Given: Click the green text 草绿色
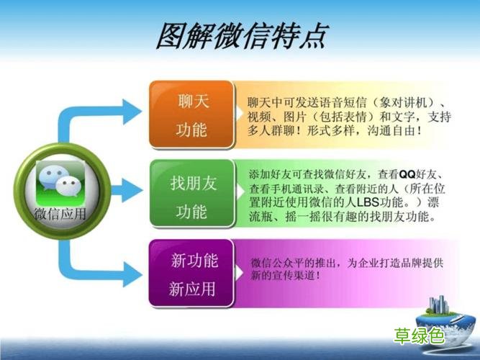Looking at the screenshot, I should pos(420,336).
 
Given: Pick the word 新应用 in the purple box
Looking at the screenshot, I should pos(192,289).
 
